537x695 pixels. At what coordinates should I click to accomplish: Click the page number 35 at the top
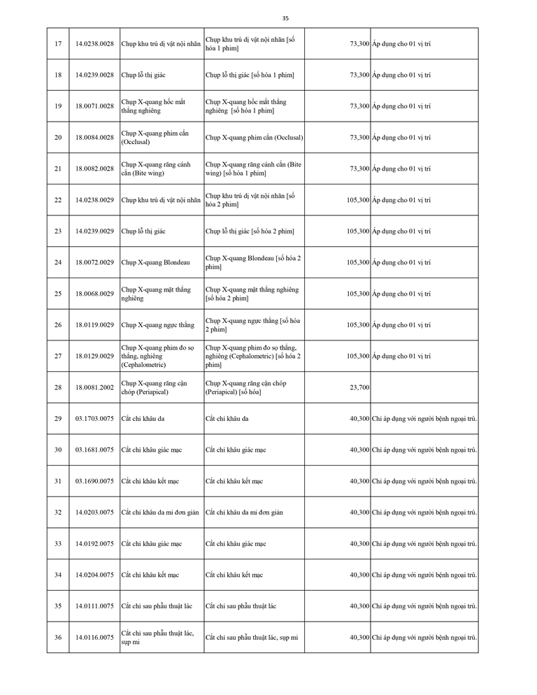click(x=285, y=18)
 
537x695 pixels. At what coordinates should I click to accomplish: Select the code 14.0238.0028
click(x=94, y=43)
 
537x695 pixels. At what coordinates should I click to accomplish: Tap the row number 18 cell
click(x=58, y=75)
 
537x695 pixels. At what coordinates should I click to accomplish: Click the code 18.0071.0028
click(x=94, y=106)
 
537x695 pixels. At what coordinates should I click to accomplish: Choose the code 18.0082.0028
click(x=94, y=169)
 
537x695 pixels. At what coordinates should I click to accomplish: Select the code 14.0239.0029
click(x=94, y=231)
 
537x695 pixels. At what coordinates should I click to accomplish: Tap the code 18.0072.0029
click(x=94, y=262)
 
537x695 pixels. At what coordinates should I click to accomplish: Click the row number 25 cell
click(x=58, y=294)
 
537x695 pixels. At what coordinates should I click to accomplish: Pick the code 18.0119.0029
click(x=94, y=325)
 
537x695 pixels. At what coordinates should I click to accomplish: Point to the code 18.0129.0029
click(x=94, y=356)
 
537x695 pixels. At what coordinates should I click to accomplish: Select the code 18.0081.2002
click(x=94, y=387)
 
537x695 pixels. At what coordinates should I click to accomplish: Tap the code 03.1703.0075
click(x=94, y=419)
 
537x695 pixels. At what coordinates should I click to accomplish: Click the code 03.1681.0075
click(x=94, y=450)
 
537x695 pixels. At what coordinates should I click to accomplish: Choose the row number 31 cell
click(x=58, y=481)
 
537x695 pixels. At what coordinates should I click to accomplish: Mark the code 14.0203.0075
click(x=94, y=513)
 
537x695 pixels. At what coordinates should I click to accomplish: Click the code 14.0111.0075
click(x=94, y=606)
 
